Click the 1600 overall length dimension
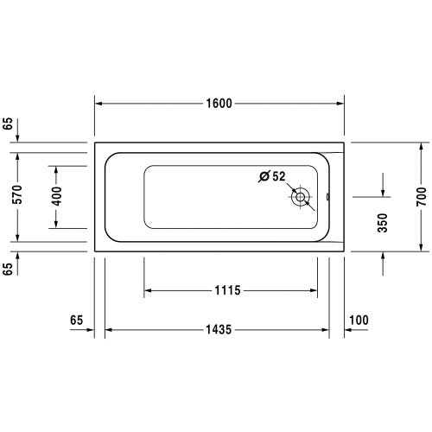click(x=219, y=103)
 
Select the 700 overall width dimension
click(x=421, y=196)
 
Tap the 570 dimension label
click(x=17, y=194)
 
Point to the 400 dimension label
click(x=56, y=196)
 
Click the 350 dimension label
click(x=383, y=223)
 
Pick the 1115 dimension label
click(x=227, y=290)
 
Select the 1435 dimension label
click(x=219, y=329)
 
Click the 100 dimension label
click(x=359, y=320)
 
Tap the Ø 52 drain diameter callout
click(x=272, y=176)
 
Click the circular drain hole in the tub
click(x=300, y=197)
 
